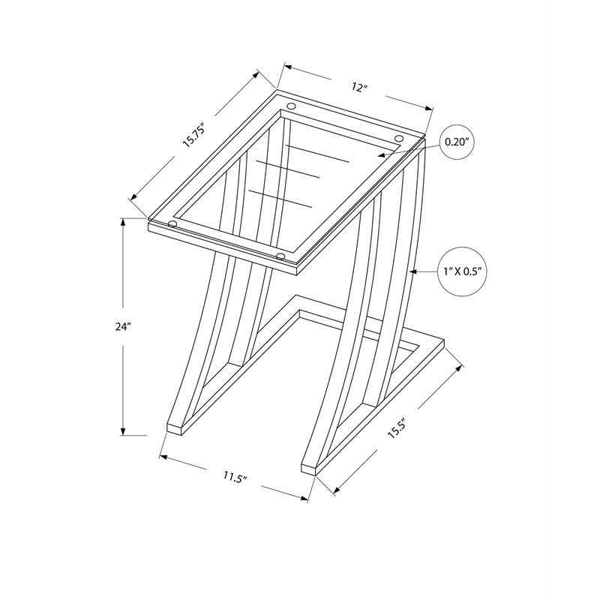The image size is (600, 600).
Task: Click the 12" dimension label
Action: pos(359,88)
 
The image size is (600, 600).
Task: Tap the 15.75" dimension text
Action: pos(194,135)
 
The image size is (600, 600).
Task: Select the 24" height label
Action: pos(123,326)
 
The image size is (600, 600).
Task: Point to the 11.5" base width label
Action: pos(235,477)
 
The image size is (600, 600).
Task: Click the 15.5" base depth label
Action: pos(397,427)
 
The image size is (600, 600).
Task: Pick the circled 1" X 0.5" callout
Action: pos(462,271)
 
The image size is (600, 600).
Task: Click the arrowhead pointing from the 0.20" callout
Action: pos(381,155)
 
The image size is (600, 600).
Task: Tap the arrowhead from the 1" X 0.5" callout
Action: pos(413,271)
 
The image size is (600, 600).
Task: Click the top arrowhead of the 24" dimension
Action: pos(123,222)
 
